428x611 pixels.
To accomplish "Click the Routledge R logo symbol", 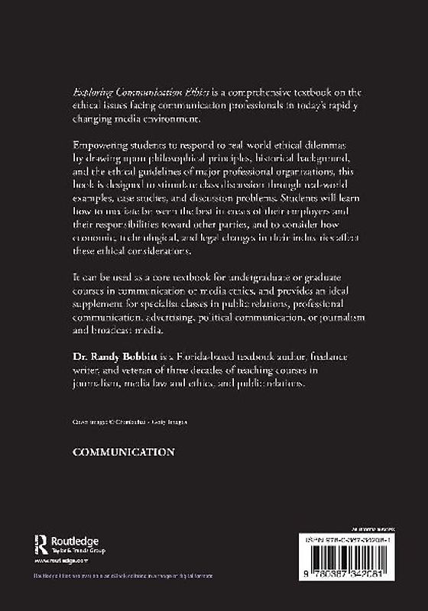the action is coord(43,545).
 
